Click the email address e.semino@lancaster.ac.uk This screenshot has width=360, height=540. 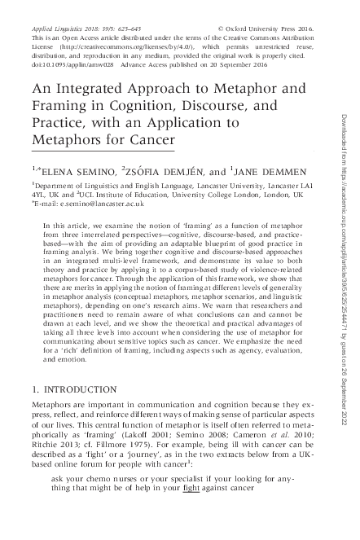coord(82,208)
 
